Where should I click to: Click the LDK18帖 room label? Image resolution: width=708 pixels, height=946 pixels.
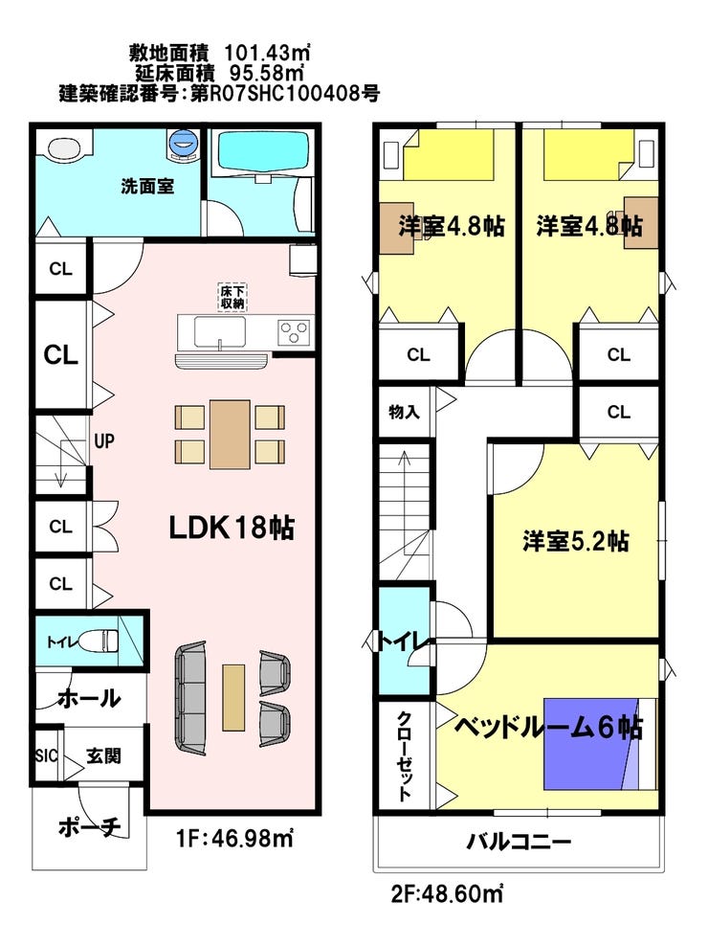point(231,528)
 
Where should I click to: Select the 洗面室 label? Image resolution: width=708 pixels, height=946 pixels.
point(147,187)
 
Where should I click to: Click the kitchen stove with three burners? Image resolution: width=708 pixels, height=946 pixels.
point(294,332)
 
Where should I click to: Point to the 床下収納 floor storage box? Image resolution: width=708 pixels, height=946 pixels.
point(232,298)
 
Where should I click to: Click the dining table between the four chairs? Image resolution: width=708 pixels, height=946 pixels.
point(230,435)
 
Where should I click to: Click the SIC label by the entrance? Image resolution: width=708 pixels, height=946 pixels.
point(47,755)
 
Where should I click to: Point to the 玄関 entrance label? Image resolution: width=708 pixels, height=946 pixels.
point(103,756)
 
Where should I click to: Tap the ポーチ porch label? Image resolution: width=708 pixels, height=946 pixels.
point(90,826)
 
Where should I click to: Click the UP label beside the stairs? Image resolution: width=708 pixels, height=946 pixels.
point(103,441)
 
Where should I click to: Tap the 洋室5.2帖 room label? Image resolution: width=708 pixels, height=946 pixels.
point(575,541)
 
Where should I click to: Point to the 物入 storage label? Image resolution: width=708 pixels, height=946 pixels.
point(404,413)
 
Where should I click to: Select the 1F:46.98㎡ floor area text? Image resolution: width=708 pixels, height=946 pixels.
point(235,838)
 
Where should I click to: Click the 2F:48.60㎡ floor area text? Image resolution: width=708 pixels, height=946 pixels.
point(447,893)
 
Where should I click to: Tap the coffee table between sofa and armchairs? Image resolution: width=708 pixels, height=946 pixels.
point(233,697)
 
